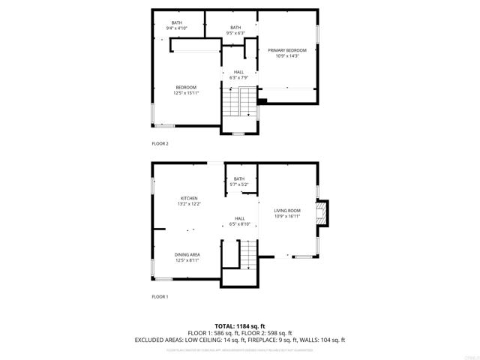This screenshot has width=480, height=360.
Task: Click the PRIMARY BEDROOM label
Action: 286,50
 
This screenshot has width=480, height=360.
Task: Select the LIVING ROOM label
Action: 286,211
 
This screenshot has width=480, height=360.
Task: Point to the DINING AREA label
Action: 187,254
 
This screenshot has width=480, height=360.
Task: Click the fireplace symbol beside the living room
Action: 322,211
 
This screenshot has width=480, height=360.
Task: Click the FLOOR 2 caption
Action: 160,142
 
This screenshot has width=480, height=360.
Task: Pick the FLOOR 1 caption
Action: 160,297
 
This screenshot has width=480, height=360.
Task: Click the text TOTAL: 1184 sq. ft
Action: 239,326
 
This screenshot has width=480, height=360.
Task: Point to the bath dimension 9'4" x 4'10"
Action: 177,28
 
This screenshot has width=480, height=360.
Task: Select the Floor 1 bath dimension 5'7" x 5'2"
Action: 238,184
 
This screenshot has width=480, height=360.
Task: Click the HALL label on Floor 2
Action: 238,72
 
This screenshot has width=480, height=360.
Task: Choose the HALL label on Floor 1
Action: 238,217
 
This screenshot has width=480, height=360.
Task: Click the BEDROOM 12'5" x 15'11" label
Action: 186,90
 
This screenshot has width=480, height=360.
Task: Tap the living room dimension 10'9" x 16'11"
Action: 286,216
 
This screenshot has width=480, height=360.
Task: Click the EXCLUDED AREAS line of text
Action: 239,340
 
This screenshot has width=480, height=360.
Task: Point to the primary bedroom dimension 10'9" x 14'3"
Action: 286,55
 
